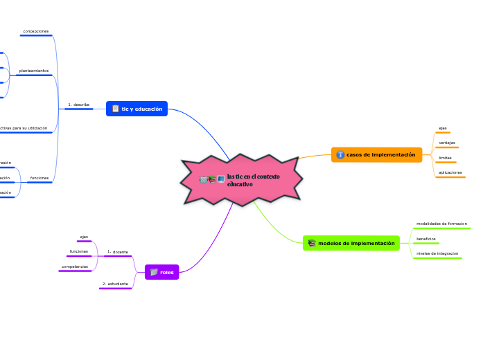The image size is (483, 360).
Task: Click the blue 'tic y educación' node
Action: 137,109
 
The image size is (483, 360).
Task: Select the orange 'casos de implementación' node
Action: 376,154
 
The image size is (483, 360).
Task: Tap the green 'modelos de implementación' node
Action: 351,243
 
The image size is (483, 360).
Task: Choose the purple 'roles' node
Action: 162,272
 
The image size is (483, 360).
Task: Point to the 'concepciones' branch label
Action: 35,31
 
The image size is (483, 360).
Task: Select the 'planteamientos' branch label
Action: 34,71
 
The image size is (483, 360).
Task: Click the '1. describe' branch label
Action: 78,105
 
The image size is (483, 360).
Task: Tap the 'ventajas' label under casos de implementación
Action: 447,143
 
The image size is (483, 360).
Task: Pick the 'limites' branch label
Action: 445,157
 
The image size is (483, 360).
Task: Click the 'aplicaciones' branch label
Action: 450,172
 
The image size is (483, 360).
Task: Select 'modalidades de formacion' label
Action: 441,224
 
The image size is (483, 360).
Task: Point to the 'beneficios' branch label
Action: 425,238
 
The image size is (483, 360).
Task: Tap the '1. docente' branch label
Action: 118,252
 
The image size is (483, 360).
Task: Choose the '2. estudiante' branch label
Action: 115,284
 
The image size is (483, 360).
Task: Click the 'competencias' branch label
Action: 75,267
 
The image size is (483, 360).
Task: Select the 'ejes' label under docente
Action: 84,237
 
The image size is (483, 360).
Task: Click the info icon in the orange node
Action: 340,155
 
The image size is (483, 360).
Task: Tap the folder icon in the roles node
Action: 154,272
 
